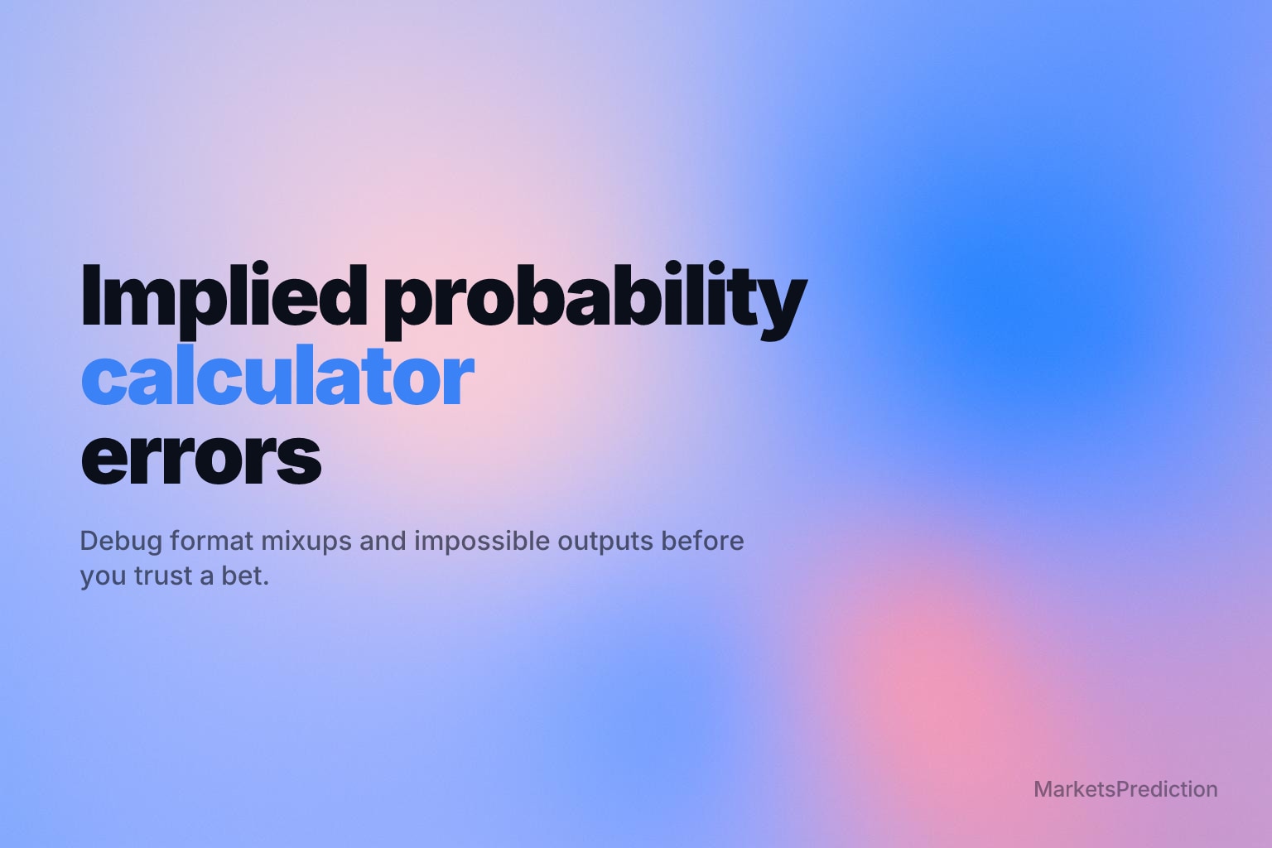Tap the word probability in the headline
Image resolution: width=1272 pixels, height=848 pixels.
click(x=595, y=301)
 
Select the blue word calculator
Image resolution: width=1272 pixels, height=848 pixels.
click(x=277, y=375)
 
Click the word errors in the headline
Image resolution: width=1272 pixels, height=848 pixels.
click(x=201, y=458)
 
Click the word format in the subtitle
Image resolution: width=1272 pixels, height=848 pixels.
click(x=211, y=541)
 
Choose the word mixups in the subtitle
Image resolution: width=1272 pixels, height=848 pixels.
click(x=306, y=542)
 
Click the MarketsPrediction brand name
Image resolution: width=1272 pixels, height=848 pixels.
click(x=1125, y=789)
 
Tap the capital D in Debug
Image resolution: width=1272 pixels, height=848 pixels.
click(x=89, y=541)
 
